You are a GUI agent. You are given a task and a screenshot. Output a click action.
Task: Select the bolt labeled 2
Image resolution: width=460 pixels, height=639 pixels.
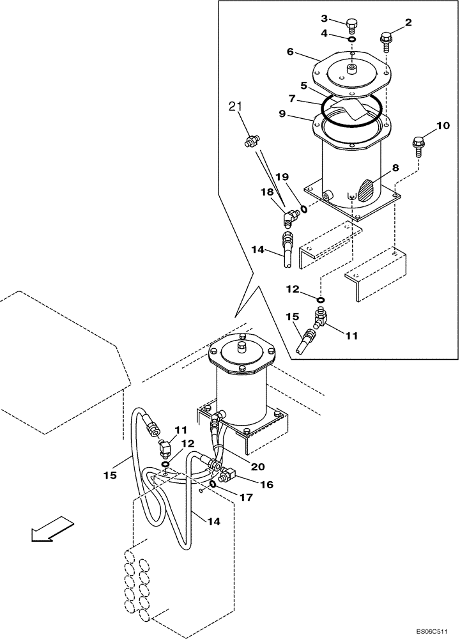[386, 40]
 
